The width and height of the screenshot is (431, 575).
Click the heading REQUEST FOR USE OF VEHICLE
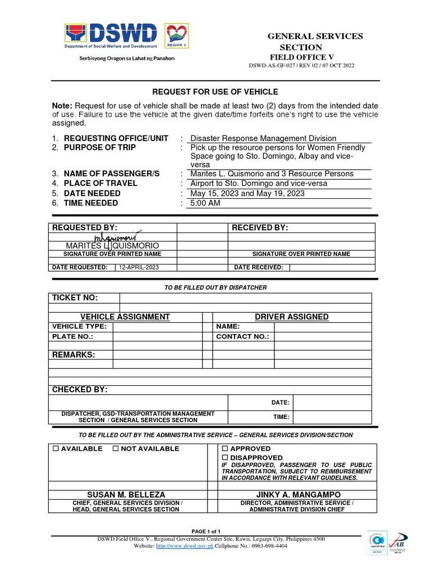pos(216,92)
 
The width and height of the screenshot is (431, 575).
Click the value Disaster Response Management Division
pos(263,138)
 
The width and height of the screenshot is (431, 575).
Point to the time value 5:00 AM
pos(205,203)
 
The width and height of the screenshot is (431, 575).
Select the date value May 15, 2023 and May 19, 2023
pos(247,193)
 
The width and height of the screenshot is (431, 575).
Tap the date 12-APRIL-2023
pos(137,268)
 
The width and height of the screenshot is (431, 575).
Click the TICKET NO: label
pos(75,298)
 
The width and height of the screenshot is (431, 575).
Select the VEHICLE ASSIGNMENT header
pos(125,317)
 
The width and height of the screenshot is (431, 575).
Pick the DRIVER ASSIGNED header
pos(291,317)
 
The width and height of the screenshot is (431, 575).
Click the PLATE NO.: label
pos(72,336)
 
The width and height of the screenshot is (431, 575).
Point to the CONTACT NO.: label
pos(242,336)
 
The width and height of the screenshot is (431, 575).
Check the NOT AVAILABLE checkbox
pos(116,449)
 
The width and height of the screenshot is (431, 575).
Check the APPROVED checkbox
pos(224,449)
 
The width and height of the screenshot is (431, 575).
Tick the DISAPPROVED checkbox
pos(224,458)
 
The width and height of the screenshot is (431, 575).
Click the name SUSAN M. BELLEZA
pos(126,495)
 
